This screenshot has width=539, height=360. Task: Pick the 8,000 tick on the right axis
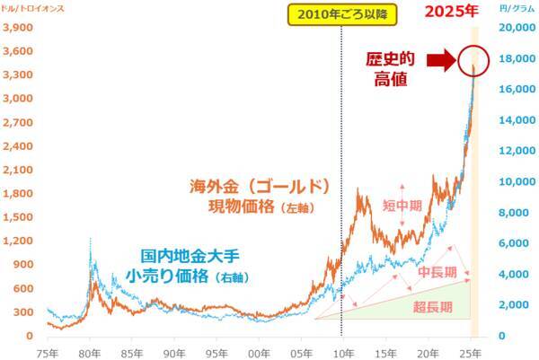click(x=509, y=213)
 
